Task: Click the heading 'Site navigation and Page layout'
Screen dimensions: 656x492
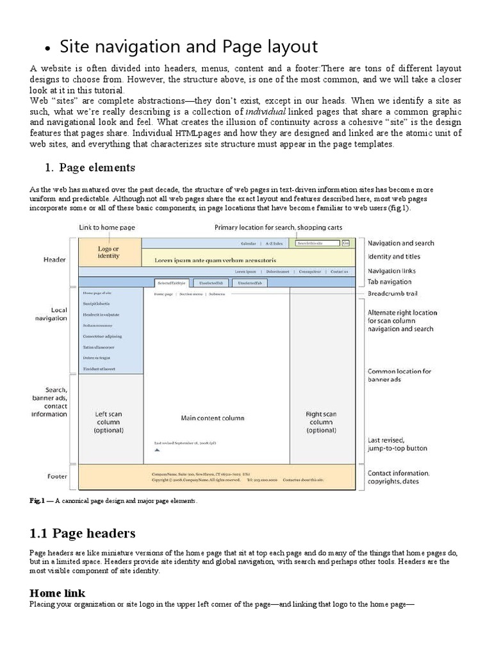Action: (188, 47)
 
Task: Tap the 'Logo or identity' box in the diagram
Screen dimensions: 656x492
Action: (108, 252)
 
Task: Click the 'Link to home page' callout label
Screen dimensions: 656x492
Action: (107, 227)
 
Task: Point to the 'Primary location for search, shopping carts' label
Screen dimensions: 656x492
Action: (278, 227)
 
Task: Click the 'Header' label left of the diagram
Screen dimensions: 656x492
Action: (54, 259)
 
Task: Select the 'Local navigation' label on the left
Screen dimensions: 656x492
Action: (59, 314)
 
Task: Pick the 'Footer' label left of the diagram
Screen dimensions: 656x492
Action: (57, 476)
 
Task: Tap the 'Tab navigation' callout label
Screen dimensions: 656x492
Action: (389, 282)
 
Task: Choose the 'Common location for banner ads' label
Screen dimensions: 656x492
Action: (399, 375)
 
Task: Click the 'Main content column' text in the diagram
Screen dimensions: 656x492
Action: (212, 418)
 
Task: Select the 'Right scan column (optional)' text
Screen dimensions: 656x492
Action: (321, 422)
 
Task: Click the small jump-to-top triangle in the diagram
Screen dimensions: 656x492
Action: (157, 450)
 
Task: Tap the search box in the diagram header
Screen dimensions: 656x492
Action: (318, 243)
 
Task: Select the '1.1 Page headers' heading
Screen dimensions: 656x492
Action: (83, 533)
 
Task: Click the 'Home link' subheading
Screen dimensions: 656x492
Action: (57, 593)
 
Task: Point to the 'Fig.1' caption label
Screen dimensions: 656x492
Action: (37, 500)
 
